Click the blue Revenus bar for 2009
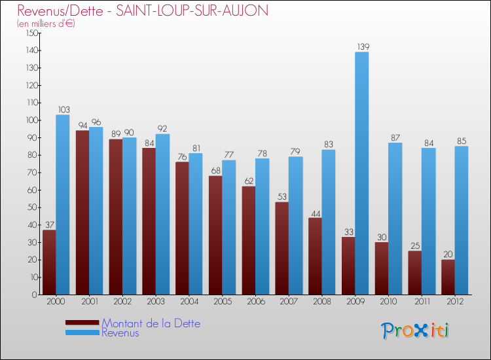362,173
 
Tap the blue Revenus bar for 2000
63,205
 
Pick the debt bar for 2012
448,277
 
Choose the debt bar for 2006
249,240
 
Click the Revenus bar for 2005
229,227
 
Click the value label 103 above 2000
64,109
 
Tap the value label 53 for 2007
282,196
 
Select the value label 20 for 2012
448,254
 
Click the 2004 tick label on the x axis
189,301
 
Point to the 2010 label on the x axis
388,301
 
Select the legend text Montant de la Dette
151,323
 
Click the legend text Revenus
120,333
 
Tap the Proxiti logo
415,331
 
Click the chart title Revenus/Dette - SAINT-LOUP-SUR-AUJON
143,11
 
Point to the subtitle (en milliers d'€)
46,24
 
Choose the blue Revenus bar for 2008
329,223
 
